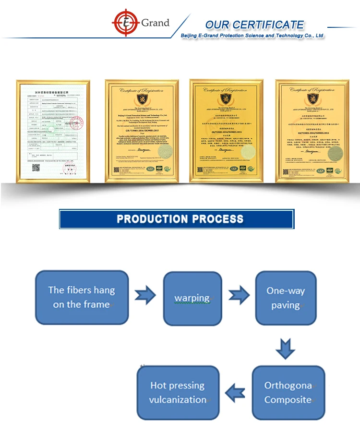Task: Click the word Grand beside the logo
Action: click(155, 23)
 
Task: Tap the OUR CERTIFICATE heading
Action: click(254, 24)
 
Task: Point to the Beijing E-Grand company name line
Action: click(252, 36)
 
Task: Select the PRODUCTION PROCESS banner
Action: click(176, 219)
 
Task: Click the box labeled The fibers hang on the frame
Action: click(82, 297)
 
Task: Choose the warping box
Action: click(192, 298)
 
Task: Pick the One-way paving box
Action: click(286, 298)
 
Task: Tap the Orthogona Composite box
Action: click(288, 392)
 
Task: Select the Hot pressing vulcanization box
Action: click(178, 392)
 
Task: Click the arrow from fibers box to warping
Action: click(145, 296)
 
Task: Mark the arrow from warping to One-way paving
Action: click(239, 296)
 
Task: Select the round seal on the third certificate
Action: click(248, 153)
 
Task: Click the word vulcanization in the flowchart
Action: click(178, 400)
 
